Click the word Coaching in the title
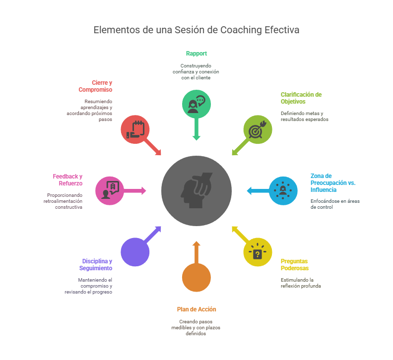(x=241, y=30)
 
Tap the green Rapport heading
(x=196, y=54)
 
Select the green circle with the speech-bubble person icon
(x=196, y=104)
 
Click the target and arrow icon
(x=257, y=129)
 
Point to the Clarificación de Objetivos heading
(x=301, y=98)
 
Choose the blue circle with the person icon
(x=283, y=191)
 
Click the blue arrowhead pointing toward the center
(x=249, y=191)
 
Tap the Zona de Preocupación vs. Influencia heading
(x=333, y=183)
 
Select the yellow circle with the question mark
(x=258, y=252)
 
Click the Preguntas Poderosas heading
(x=294, y=265)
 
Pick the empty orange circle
(x=196, y=278)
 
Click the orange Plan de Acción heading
(x=196, y=309)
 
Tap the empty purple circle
(x=135, y=252)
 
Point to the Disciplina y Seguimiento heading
(x=96, y=265)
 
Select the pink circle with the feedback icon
(x=110, y=191)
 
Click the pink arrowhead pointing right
(x=143, y=191)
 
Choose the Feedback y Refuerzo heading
(x=67, y=180)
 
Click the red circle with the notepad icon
(x=135, y=129)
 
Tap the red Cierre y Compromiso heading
(x=95, y=86)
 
